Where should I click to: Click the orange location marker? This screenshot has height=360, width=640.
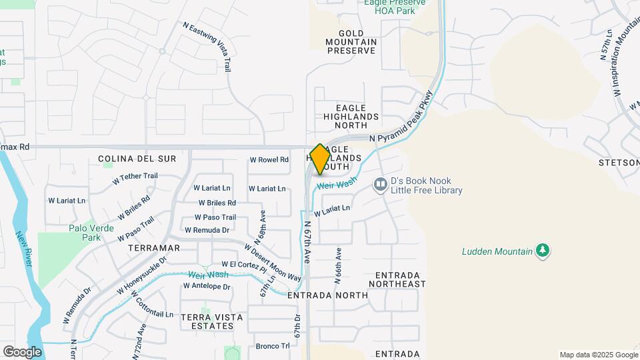320,159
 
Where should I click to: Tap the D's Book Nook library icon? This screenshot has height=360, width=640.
380,183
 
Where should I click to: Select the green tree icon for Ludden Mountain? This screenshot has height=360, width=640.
544,251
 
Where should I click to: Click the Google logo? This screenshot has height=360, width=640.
22,351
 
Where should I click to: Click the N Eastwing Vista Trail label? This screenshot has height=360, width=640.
208,46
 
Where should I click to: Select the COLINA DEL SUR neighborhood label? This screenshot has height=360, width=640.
137,159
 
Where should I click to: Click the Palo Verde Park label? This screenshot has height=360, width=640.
85,232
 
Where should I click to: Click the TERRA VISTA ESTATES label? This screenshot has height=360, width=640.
207,321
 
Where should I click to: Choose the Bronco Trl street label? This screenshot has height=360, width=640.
273,346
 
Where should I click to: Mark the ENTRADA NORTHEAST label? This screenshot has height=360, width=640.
400,279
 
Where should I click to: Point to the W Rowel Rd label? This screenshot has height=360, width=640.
269,160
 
